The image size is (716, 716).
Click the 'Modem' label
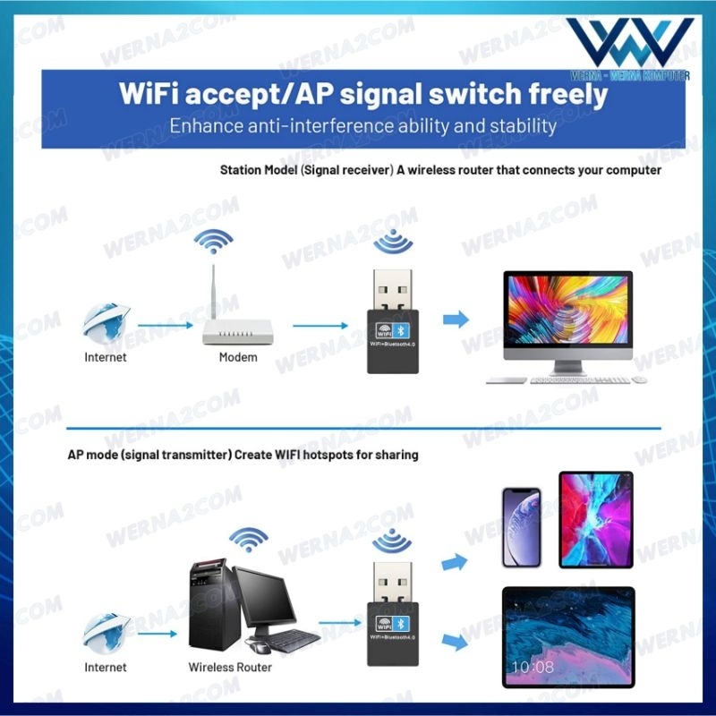pyautogui.click(x=238, y=357)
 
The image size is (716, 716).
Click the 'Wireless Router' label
pyautogui.click(x=230, y=667)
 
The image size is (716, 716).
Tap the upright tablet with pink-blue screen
pyautogui.click(x=595, y=519)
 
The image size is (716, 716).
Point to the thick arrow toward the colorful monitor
pyautogui.click(x=456, y=319)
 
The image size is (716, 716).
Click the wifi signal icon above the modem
pyautogui.click(x=215, y=242)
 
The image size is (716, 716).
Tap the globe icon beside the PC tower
pyautogui.click(x=107, y=632)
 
